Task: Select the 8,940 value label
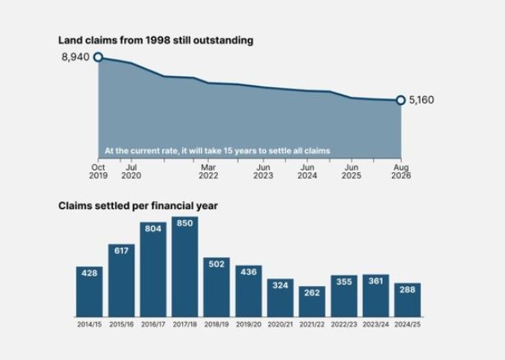click(x=75, y=57)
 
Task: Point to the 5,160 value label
click(x=421, y=100)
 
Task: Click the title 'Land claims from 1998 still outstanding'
click(x=156, y=40)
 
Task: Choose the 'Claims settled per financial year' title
click(x=138, y=206)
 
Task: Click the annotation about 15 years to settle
click(x=217, y=151)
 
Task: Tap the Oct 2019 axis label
click(x=98, y=171)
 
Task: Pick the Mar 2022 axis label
click(x=208, y=171)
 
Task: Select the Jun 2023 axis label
click(x=263, y=171)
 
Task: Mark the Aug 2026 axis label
click(x=401, y=171)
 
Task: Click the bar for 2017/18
click(x=185, y=267)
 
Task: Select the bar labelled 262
click(x=312, y=301)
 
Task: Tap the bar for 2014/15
click(x=89, y=292)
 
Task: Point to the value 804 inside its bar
click(x=153, y=229)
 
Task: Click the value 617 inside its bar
click(x=121, y=250)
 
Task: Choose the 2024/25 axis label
click(x=407, y=325)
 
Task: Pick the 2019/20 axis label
click(x=248, y=325)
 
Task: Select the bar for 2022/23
click(x=344, y=296)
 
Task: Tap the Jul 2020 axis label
click(x=131, y=171)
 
